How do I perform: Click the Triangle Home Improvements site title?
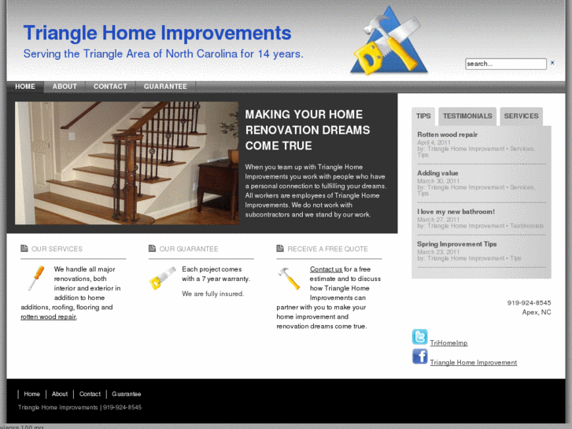coord(157,33)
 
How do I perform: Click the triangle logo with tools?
coord(388,42)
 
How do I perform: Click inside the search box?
coord(504,64)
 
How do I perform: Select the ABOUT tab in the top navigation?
coord(65,87)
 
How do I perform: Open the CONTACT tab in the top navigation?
coord(110,87)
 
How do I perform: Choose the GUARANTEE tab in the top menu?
coord(165,87)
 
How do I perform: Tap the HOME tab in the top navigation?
coord(25,87)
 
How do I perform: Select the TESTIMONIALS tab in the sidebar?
coord(467,116)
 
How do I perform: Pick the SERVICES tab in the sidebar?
coord(521,116)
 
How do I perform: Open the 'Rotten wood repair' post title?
coord(447,135)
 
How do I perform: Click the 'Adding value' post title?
coord(437,173)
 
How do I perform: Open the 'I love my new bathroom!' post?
coord(456,212)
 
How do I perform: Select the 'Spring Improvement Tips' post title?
coord(456,244)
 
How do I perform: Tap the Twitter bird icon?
coord(419,337)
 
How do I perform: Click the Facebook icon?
coord(419,357)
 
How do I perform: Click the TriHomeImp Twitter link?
coord(448,343)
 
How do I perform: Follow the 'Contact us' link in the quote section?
coord(326,269)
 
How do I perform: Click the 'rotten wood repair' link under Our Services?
coord(48,316)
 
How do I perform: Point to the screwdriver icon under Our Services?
coord(35,278)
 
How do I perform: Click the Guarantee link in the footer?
coord(126,394)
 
